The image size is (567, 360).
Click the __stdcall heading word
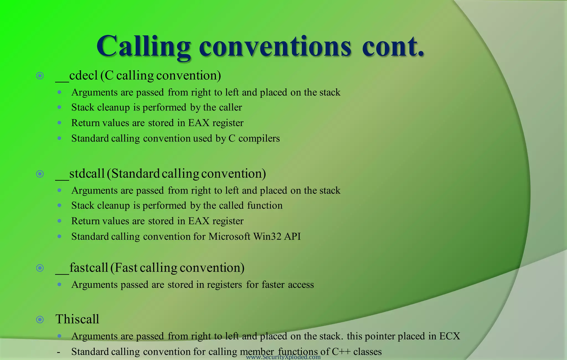point(80,174)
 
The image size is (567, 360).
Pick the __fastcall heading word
point(82,268)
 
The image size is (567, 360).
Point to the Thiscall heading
point(77,319)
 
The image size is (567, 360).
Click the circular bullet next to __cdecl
point(40,76)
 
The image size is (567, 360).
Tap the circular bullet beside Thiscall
point(40,320)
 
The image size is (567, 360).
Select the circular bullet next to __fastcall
point(40,268)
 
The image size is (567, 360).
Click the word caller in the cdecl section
point(231,107)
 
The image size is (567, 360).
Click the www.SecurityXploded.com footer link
point(283,357)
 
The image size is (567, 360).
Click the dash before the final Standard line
point(58,352)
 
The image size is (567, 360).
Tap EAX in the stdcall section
point(199,221)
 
